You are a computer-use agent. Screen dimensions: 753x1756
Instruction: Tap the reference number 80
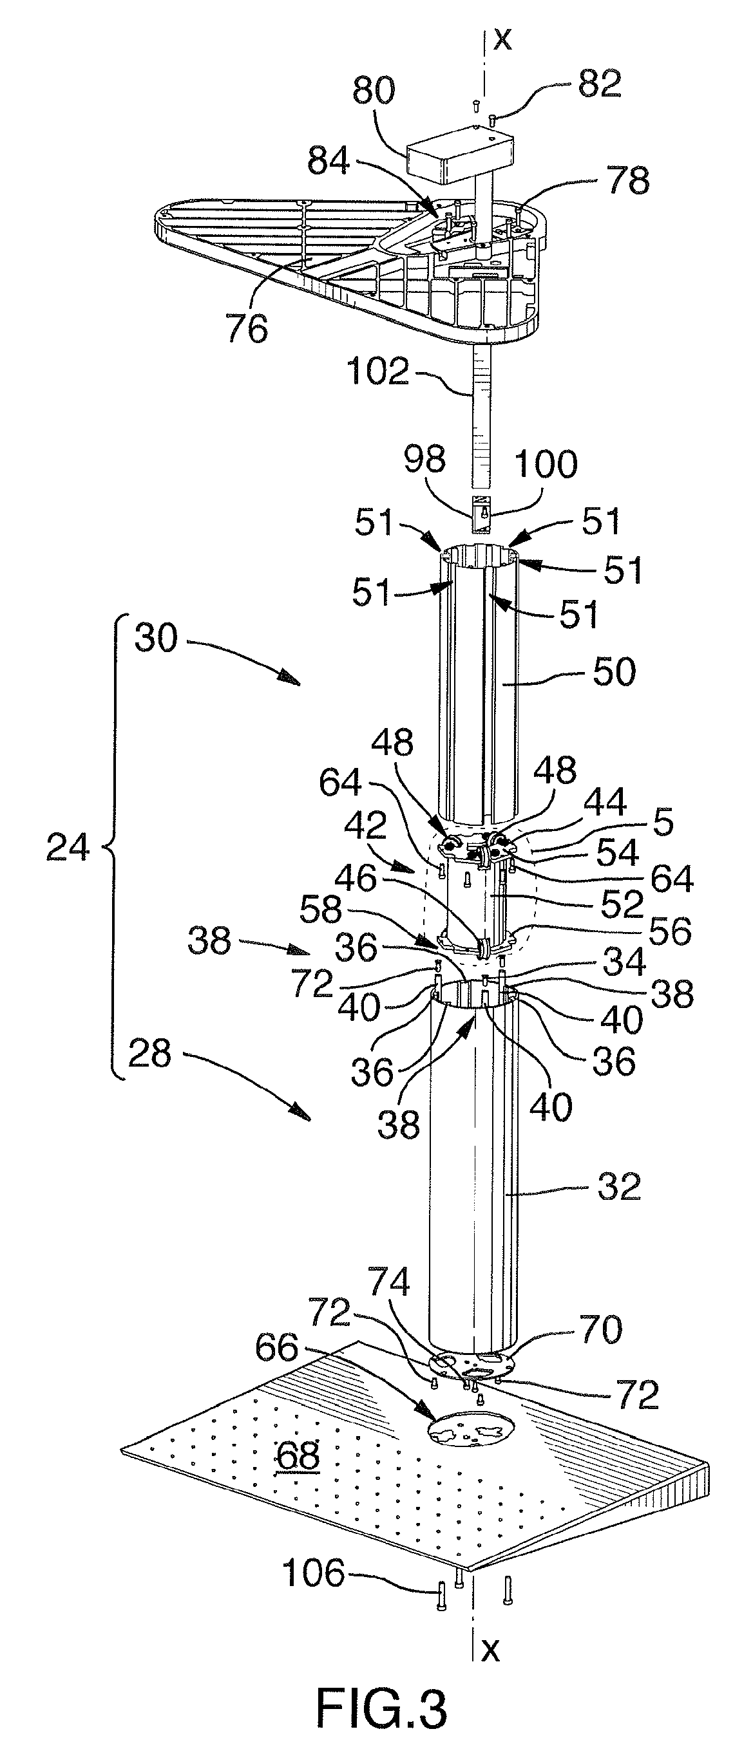pos(374,91)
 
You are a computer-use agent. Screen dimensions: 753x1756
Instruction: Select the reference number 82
pos(600,83)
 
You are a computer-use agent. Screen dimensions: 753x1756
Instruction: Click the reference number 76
pos(247,330)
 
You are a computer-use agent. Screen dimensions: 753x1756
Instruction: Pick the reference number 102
pos(378,373)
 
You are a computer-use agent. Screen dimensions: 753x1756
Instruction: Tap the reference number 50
pos(614,671)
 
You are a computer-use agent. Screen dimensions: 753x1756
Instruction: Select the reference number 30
pos(156,639)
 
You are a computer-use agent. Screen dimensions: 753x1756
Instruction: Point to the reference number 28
pos(149,1054)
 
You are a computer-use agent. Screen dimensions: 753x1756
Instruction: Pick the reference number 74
pos(389,1284)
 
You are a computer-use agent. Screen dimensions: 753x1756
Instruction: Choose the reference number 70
pos(600,1329)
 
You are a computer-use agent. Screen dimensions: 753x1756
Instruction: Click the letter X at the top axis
pos(502,39)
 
